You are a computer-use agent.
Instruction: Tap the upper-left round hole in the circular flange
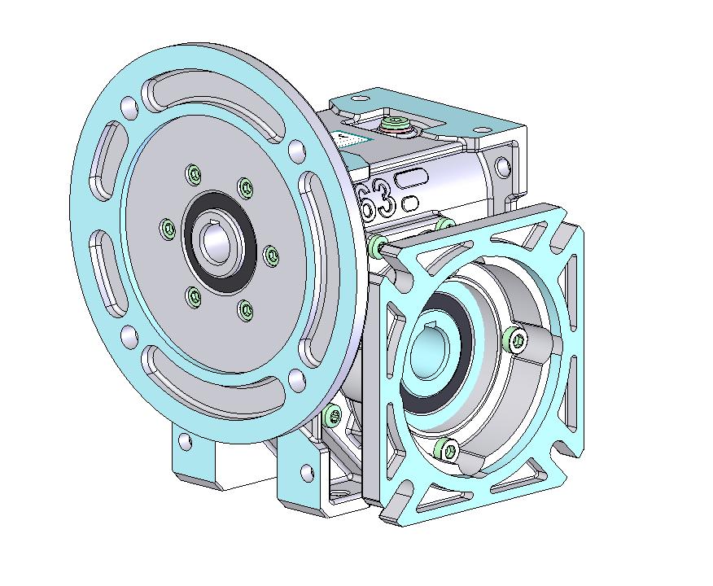[129, 107]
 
